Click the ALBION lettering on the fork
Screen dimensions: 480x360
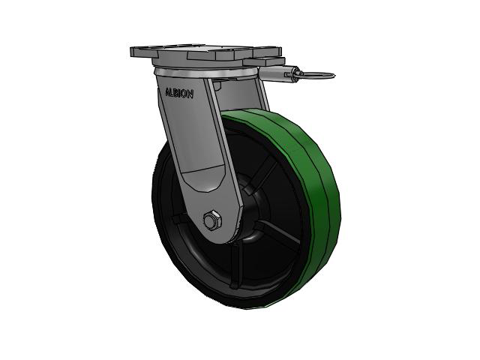coord(179,93)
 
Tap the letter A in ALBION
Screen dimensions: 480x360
coord(167,91)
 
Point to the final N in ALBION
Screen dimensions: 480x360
coord(190,94)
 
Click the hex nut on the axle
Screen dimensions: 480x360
coord(211,220)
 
